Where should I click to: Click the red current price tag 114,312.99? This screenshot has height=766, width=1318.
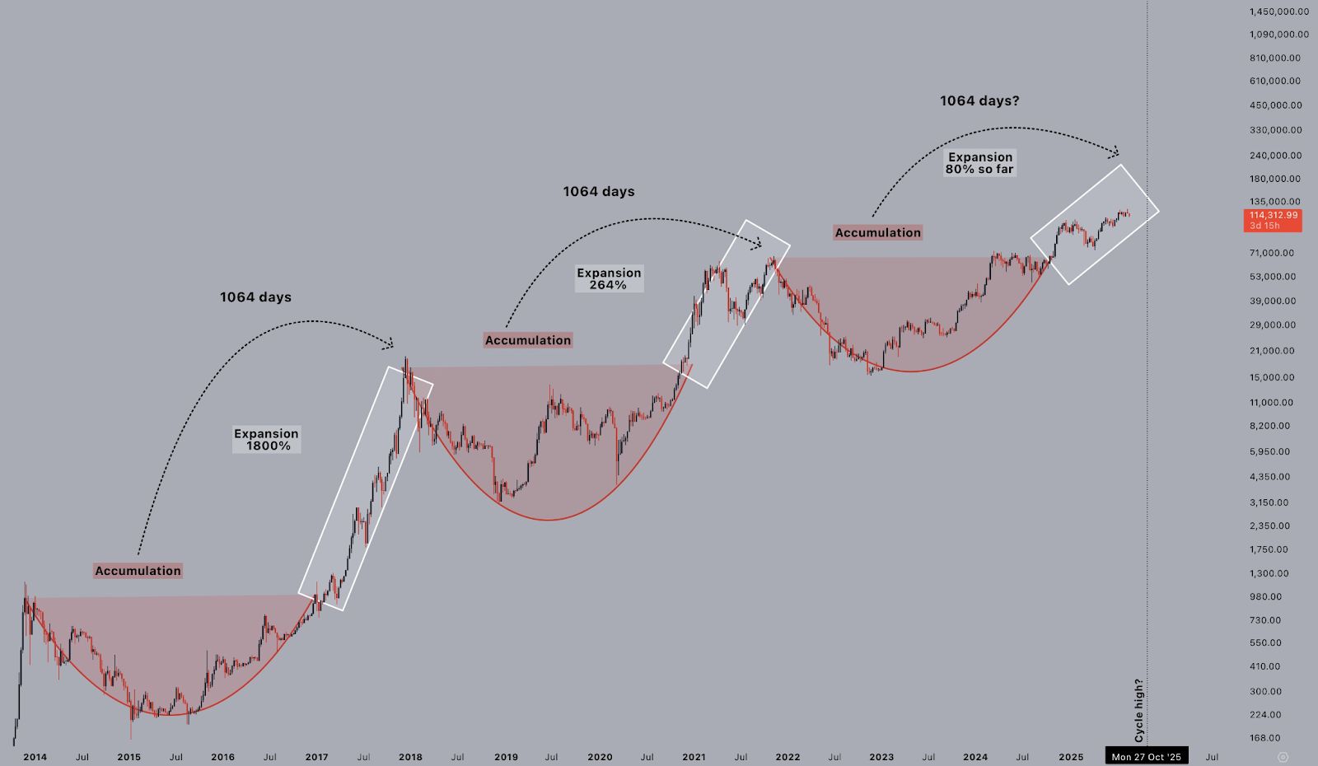[x=1274, y=216]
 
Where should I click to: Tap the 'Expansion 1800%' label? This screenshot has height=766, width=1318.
[x=266, y=440]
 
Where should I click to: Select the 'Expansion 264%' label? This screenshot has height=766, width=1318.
[x=609, y=278]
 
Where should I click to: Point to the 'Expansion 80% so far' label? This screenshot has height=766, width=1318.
[x=979, y=163]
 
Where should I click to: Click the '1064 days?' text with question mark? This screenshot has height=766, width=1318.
[x=979, y=101]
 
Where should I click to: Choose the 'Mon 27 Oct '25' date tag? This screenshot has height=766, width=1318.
[x=1146, y=756]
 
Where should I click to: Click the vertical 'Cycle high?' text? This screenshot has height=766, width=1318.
[x=1139, y=710]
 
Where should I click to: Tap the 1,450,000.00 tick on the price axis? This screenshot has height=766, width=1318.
[x=1279, y=12]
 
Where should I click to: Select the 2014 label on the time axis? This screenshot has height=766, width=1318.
[x=35, y=757]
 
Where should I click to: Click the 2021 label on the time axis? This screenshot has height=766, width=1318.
[x=694, y=757]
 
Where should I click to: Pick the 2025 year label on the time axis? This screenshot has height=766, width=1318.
[x=1071, y=757]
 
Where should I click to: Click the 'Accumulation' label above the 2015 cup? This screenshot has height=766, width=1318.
[x=138, y=571]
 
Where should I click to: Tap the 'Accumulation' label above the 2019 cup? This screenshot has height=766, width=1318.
[x=527, y=340]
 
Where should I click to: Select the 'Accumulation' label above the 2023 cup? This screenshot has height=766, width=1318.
[x=878, y=233]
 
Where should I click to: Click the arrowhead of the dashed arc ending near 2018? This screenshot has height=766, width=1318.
[x=390, y=344]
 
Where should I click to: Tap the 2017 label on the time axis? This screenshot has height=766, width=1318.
[x=316, y=757]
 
